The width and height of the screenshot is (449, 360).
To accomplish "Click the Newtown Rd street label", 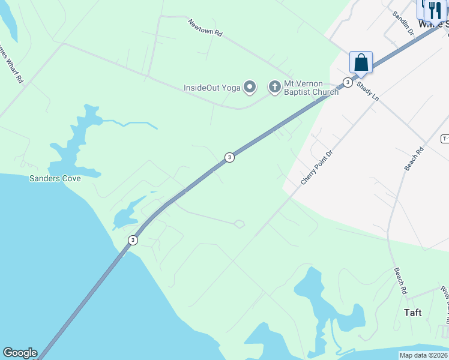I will click(x=205, y=28).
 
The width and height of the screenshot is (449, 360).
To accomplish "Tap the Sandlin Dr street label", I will click(x=403, y=23).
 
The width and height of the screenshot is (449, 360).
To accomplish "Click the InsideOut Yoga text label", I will click(x=212, y=88).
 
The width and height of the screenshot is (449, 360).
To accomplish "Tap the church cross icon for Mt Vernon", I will click(x=274, y=88).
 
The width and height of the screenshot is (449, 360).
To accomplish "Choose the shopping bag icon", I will click(x=361, y=62).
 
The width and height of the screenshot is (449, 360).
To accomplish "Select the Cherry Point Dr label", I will click(x=316, y=167).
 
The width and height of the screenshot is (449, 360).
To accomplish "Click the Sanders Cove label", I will click(x=55, y=178).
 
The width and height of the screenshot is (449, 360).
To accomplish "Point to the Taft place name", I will click(x=412, y=313).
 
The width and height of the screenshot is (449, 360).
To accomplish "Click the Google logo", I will click(x=20, y=353).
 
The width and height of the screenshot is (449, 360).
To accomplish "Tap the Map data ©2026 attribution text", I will click(x=424, y=355).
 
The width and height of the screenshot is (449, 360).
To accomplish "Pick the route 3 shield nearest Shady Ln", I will click(x=347, y=82).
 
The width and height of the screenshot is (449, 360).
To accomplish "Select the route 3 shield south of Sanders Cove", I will click(x=133, y=240).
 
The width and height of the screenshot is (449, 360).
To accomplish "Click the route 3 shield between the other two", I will click(x=229, y=157).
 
